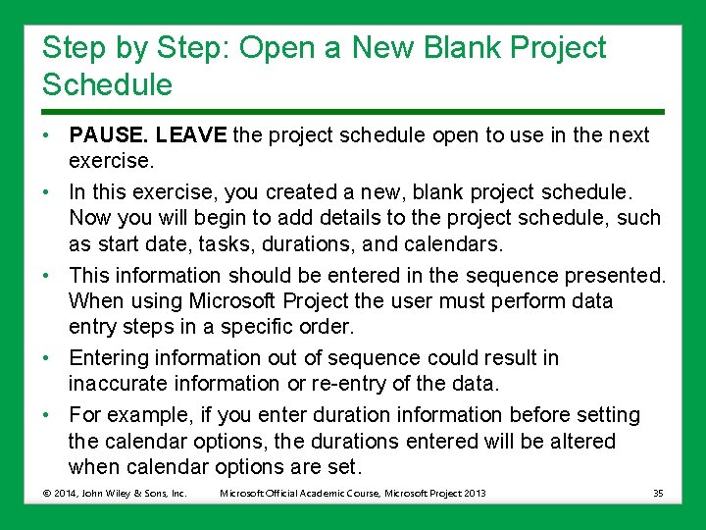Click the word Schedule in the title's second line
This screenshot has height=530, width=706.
coord(107,85)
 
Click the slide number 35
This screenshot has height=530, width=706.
coord(657,493)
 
